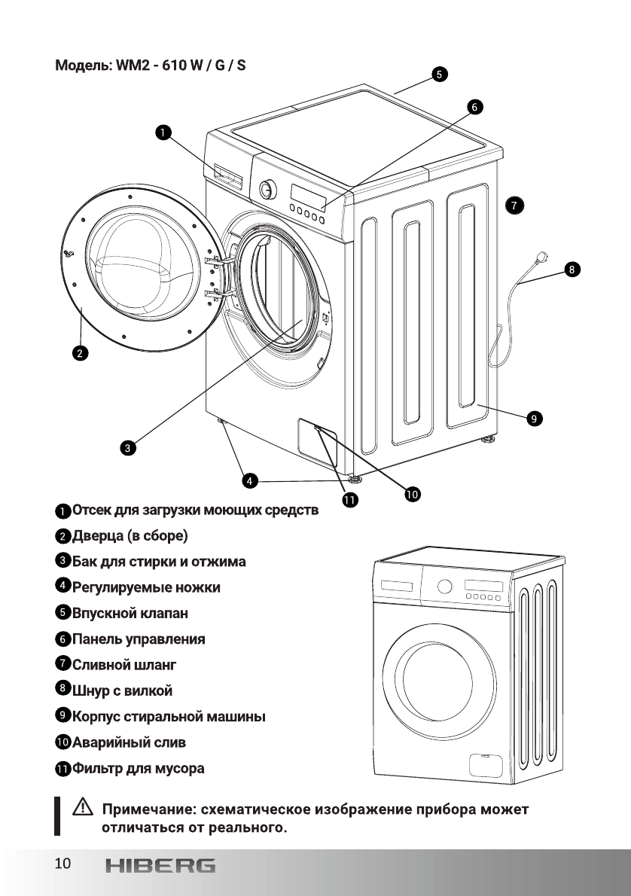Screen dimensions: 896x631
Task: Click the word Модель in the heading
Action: (82, 66)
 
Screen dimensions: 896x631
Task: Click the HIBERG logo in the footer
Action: (160, 865)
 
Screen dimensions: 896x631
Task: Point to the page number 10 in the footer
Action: (62, 863)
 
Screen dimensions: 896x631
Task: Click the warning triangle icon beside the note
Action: (81, 810)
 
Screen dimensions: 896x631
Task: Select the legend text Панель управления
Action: (139, 639)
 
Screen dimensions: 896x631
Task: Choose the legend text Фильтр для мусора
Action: (138, 769)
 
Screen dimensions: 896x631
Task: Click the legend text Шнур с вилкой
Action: (123, 690)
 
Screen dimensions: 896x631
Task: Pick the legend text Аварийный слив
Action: (129, 742)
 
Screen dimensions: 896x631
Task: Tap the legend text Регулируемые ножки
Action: (146, 587)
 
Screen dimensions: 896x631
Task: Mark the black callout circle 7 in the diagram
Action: (513, 204)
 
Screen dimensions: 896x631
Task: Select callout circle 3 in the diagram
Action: (129, 448)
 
